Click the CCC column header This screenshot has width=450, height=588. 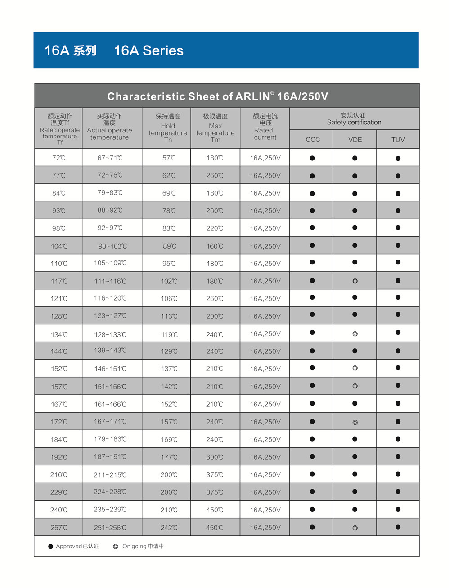click(x=313, y=140)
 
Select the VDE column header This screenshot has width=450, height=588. click(x=355, y=140)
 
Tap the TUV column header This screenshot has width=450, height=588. click(x=398, y=140)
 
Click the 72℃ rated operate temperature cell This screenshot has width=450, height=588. click(x=58, y=158)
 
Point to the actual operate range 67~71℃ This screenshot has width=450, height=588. click(x=110, y=158)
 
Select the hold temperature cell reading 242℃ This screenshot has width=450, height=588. click(x=169, y=528)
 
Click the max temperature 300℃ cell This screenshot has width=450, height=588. click(x=215, y=457)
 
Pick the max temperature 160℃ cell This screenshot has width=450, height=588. click(x=215, y=246)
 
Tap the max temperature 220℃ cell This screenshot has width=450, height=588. click(x=215, y=228)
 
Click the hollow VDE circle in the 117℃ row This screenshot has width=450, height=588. click(x=355, y=281)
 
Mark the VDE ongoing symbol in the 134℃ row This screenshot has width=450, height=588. click(x=355, y=334)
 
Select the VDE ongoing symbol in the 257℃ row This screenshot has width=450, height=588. click(x=355, y=528)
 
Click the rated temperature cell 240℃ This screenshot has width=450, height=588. click(x=58, y=510)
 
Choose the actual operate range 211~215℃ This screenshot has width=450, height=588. click(x=110, y=475)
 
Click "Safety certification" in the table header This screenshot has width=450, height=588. click(x=354, y=122)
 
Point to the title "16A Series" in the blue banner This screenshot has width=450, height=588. click(x=148, y=50)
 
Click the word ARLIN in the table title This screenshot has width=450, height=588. click(x=252, y=96)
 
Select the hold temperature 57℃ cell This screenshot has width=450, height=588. click(x=169, y=158)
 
